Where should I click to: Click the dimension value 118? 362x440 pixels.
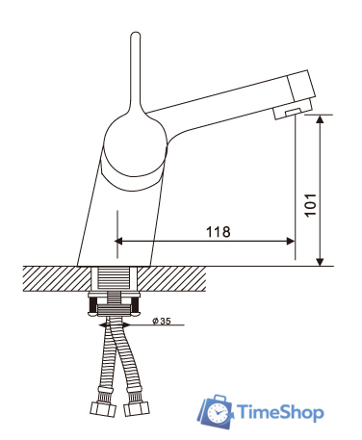coord(218,231)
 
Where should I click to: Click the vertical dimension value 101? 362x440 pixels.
coord(310,205)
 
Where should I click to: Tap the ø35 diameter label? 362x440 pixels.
coord(162,321)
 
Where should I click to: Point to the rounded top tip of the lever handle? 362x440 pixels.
coord(136,33)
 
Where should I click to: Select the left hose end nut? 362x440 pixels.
coord(103,408)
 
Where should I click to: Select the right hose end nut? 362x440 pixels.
coord(137,408)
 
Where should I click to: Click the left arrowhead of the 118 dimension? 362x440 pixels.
coord(118,241)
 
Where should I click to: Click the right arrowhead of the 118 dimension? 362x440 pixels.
coord(291,241)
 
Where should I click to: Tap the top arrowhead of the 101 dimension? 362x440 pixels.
coord(320,118)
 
